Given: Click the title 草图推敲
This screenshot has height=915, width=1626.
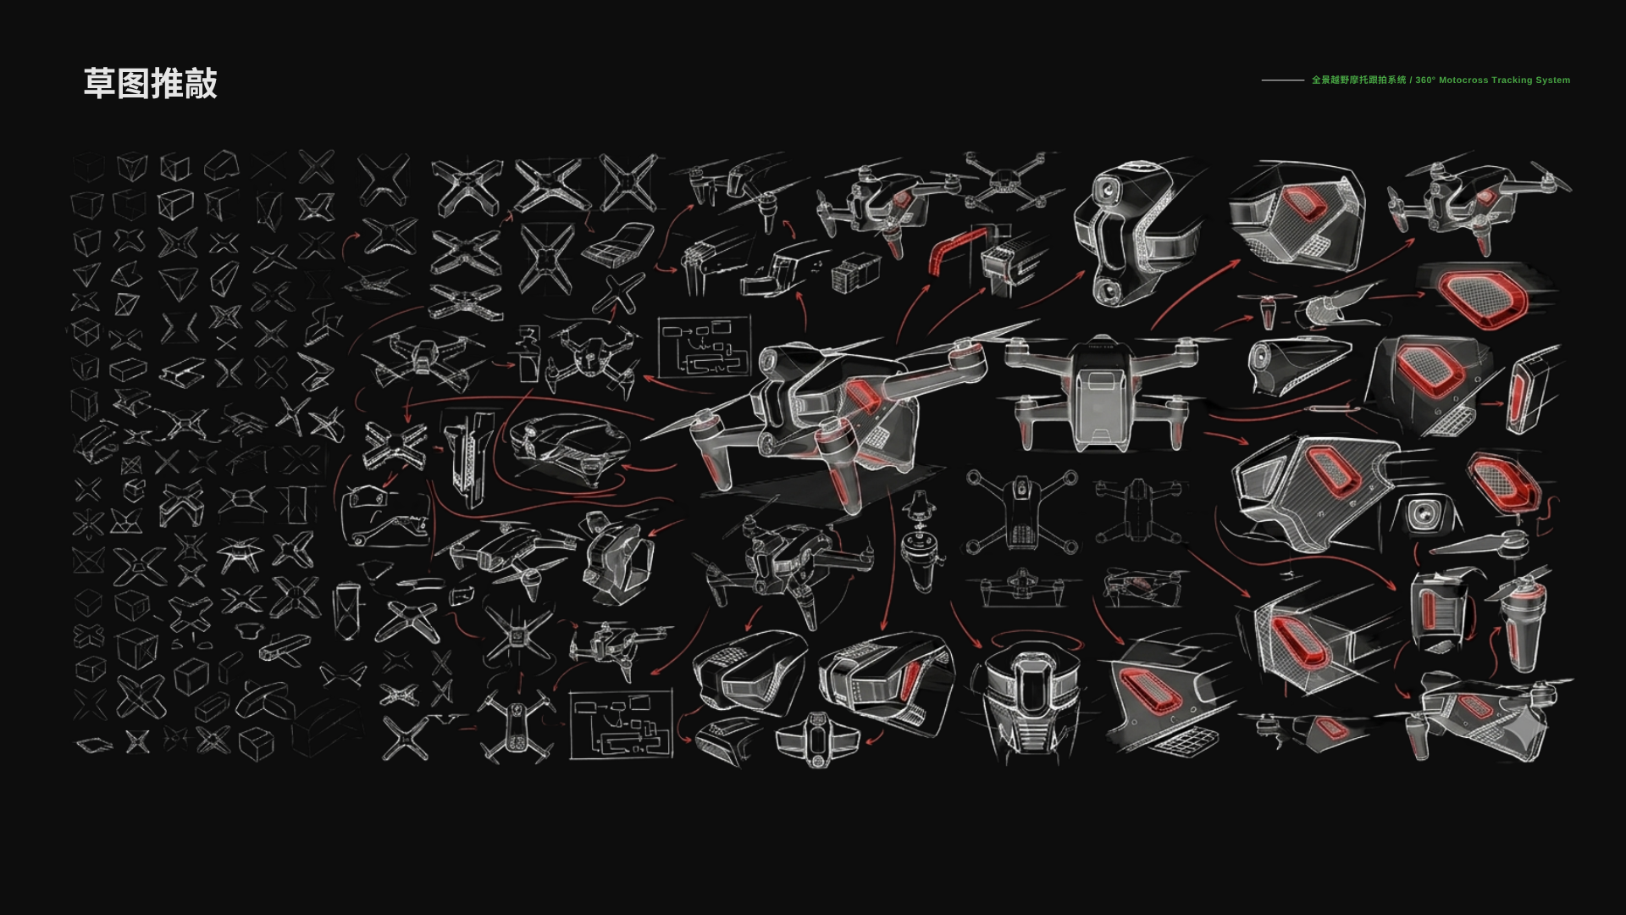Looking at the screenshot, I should (151, 83).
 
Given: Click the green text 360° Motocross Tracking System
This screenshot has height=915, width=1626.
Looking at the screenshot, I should (1492, 80).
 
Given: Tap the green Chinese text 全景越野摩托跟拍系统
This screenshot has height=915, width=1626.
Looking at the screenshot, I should (1358, 80).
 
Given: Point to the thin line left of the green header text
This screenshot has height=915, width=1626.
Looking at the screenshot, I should (1282, 80).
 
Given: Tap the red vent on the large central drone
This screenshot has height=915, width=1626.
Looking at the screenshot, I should (861, 395).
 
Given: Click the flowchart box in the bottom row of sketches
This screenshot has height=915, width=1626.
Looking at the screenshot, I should (622, 724).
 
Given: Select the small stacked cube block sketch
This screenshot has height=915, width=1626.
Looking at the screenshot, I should (854, 272).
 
